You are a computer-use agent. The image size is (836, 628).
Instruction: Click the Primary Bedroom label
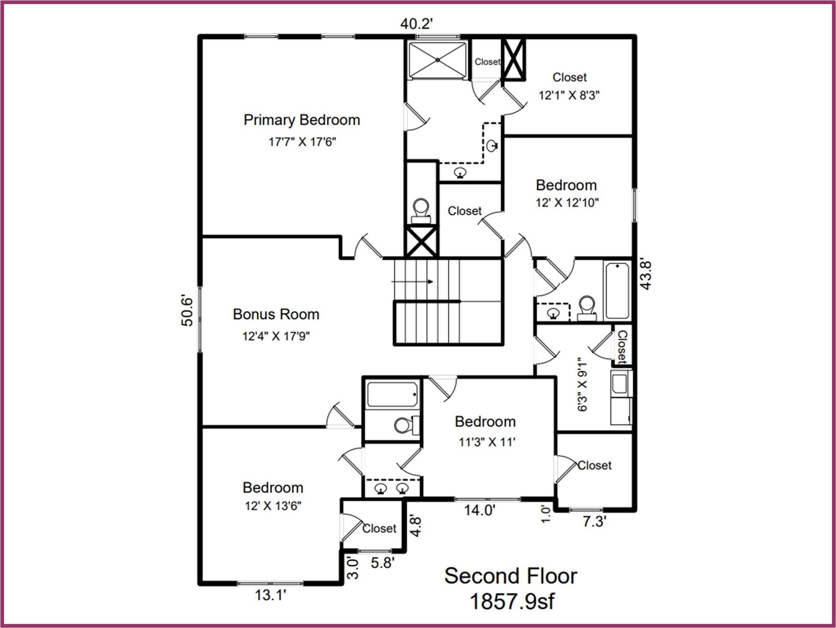tap(302, 120)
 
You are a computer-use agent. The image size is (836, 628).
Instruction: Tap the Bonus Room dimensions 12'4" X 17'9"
tap(276, 336)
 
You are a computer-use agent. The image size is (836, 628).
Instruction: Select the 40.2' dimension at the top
tap(416, 24)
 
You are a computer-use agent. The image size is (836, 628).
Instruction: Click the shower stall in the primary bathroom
tap(437, 60)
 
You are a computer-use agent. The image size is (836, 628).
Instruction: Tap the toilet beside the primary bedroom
tap(421, 210)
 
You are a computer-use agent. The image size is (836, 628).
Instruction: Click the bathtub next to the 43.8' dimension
tap(617, 291)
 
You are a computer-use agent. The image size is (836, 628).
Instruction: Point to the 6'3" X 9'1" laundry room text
tap(582, 384)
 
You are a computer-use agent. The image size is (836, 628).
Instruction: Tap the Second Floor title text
tap(510, 576)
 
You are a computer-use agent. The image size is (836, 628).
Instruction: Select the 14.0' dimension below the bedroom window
tap(479, 510)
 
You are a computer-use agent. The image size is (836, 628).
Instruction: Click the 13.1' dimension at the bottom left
tap(270, 595)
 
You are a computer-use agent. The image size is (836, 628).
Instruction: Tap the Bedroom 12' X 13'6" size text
tap(273, 506)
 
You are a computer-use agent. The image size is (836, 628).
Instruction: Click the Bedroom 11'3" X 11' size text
tap(487, 442)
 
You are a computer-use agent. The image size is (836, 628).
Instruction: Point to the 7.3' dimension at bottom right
tap(594, 522)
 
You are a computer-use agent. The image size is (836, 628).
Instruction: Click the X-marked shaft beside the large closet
tap(513, 59)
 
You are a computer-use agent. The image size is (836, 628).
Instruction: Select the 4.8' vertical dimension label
tap(416, 527)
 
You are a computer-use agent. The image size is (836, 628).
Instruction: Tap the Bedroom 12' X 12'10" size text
tap(567, 202)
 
